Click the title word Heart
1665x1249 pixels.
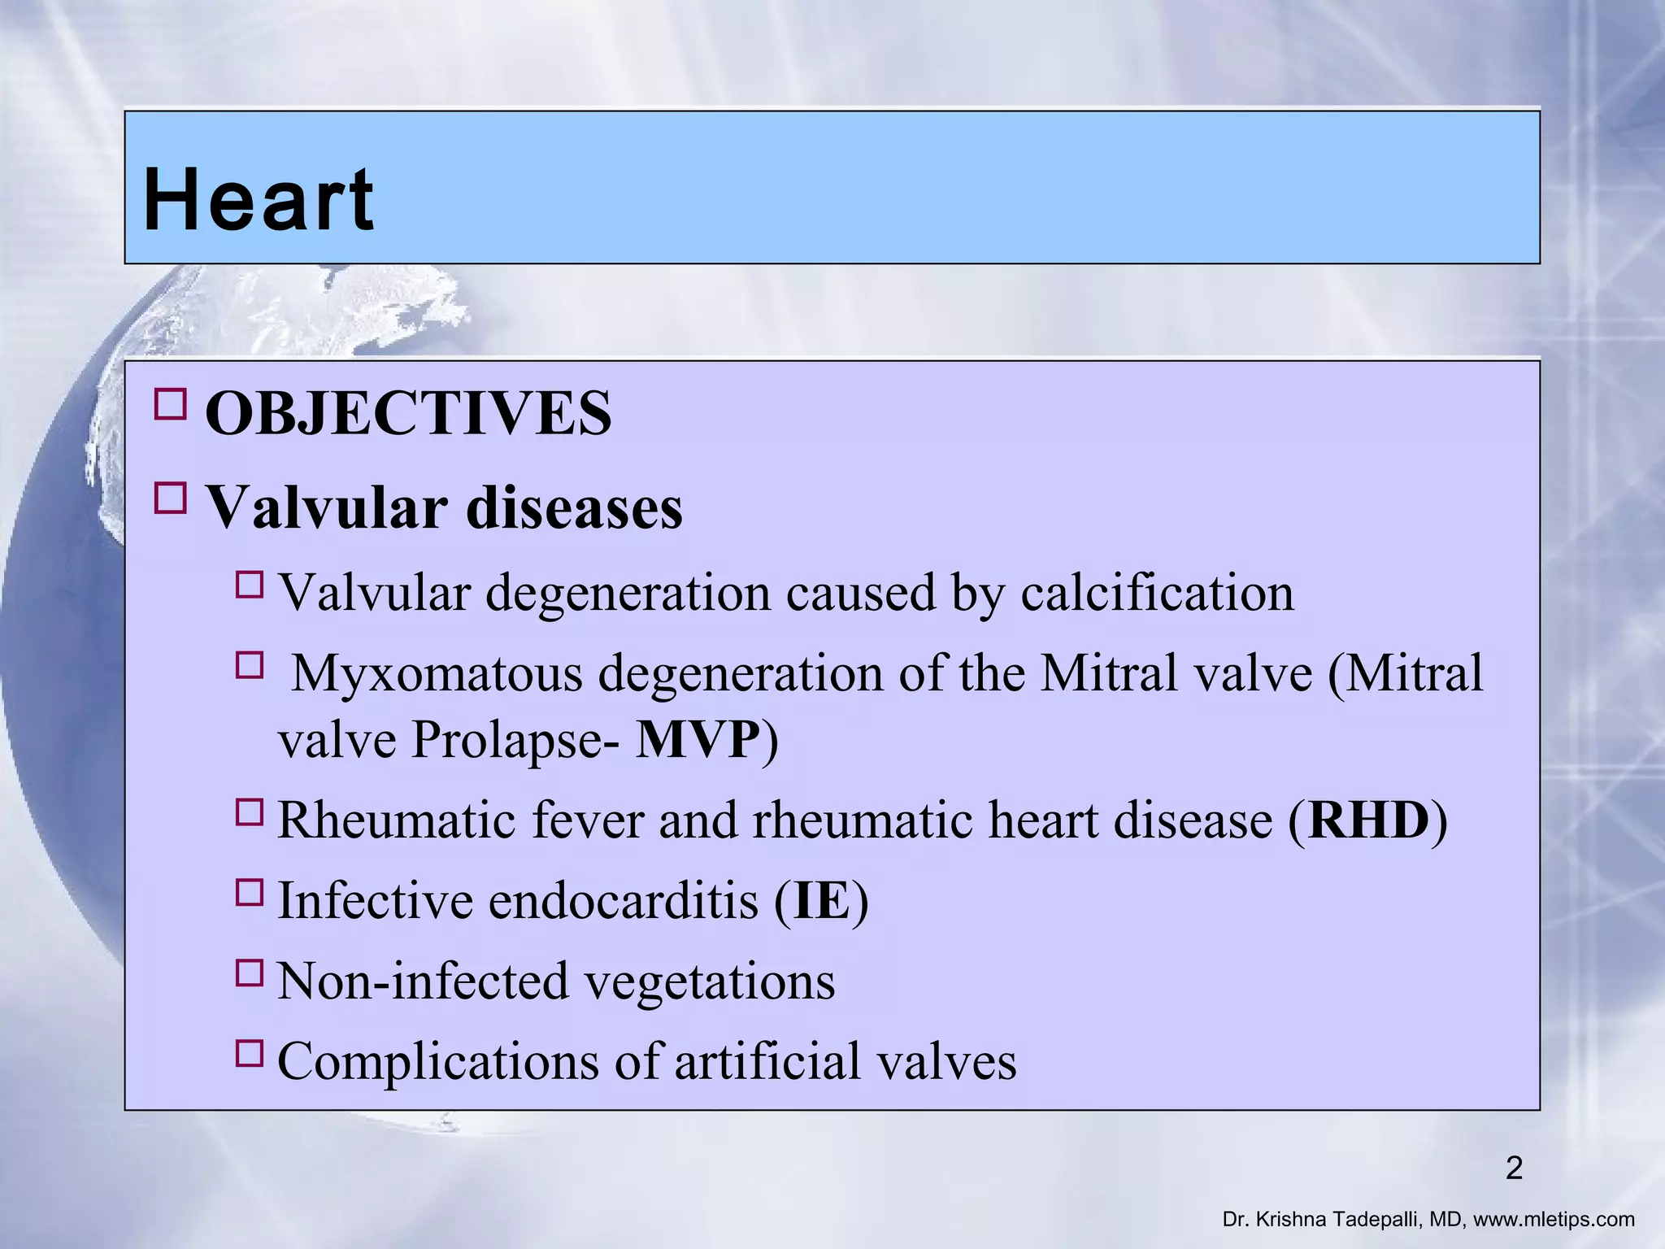click(258, 200)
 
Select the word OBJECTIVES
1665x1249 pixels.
click(407, 413)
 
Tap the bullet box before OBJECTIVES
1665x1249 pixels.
click(170, 403)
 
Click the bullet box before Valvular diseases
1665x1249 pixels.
click(170, 498)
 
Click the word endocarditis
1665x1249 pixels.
click(623, 901)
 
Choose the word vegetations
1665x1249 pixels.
click(710, 981)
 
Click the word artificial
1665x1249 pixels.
click(767, 1062)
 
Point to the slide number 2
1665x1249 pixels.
click(1514, 1168)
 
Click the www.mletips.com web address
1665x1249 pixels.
click(1554, 1220)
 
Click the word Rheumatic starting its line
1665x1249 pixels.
click(396, 820)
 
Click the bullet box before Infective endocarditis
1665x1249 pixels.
click(250, 892)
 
